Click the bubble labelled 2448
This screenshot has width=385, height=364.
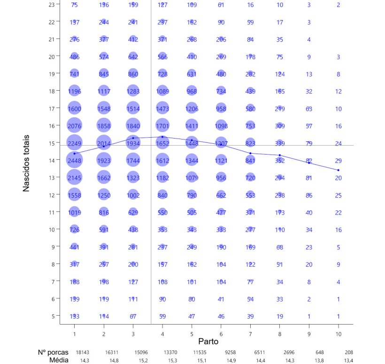point(74,160)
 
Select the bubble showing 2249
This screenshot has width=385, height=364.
point(74,143)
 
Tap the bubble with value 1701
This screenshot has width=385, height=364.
point(162,125)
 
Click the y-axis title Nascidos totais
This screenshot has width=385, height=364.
point(27,163)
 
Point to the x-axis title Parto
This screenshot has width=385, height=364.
point(208,341)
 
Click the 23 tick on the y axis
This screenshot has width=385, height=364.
point(51,5)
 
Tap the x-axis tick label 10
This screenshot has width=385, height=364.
point(338,333)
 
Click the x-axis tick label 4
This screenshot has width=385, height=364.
point(162,333)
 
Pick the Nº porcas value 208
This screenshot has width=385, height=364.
point(348,352)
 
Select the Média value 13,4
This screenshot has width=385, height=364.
point(348,360)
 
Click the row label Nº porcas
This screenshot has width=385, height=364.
point(53,352)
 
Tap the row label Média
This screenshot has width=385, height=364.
point(59,360)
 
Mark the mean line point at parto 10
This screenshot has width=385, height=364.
point(338,170)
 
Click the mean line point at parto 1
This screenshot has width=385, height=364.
point(74,154)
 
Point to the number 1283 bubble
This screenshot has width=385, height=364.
point(133,91)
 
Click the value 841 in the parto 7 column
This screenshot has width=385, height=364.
point(250,160)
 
